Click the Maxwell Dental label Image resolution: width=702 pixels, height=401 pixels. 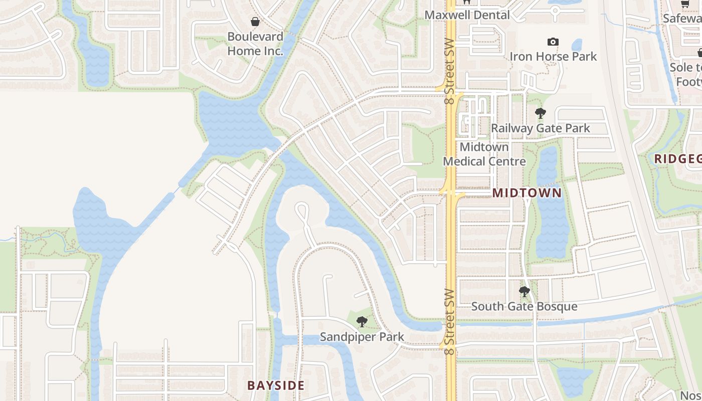(467, 15)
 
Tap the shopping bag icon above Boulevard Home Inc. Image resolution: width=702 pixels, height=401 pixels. (255, 22)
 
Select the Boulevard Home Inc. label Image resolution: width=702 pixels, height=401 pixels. (255, 44)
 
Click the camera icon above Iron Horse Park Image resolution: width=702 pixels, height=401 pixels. (553, 42)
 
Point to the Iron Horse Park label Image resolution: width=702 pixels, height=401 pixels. (553, 56)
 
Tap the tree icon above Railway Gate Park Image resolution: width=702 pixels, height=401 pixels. (540, 113)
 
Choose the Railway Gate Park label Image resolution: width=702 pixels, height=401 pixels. (540, 128)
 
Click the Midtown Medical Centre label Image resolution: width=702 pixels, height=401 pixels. (484, 154)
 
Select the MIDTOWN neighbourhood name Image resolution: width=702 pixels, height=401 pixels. (526, 193)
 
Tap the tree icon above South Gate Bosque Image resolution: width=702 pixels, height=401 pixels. (524, 291)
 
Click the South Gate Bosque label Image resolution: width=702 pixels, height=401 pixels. (524, 306)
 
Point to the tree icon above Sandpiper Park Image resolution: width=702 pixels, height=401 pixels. (362, 322)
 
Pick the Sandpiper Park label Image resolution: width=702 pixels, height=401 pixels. (362, 337)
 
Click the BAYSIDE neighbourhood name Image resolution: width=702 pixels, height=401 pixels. (276, 385)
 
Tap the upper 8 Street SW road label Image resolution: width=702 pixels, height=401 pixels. (449, 71)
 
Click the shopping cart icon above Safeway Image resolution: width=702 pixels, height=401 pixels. (685, 4)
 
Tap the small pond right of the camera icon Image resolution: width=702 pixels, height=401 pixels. (577, 45)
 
